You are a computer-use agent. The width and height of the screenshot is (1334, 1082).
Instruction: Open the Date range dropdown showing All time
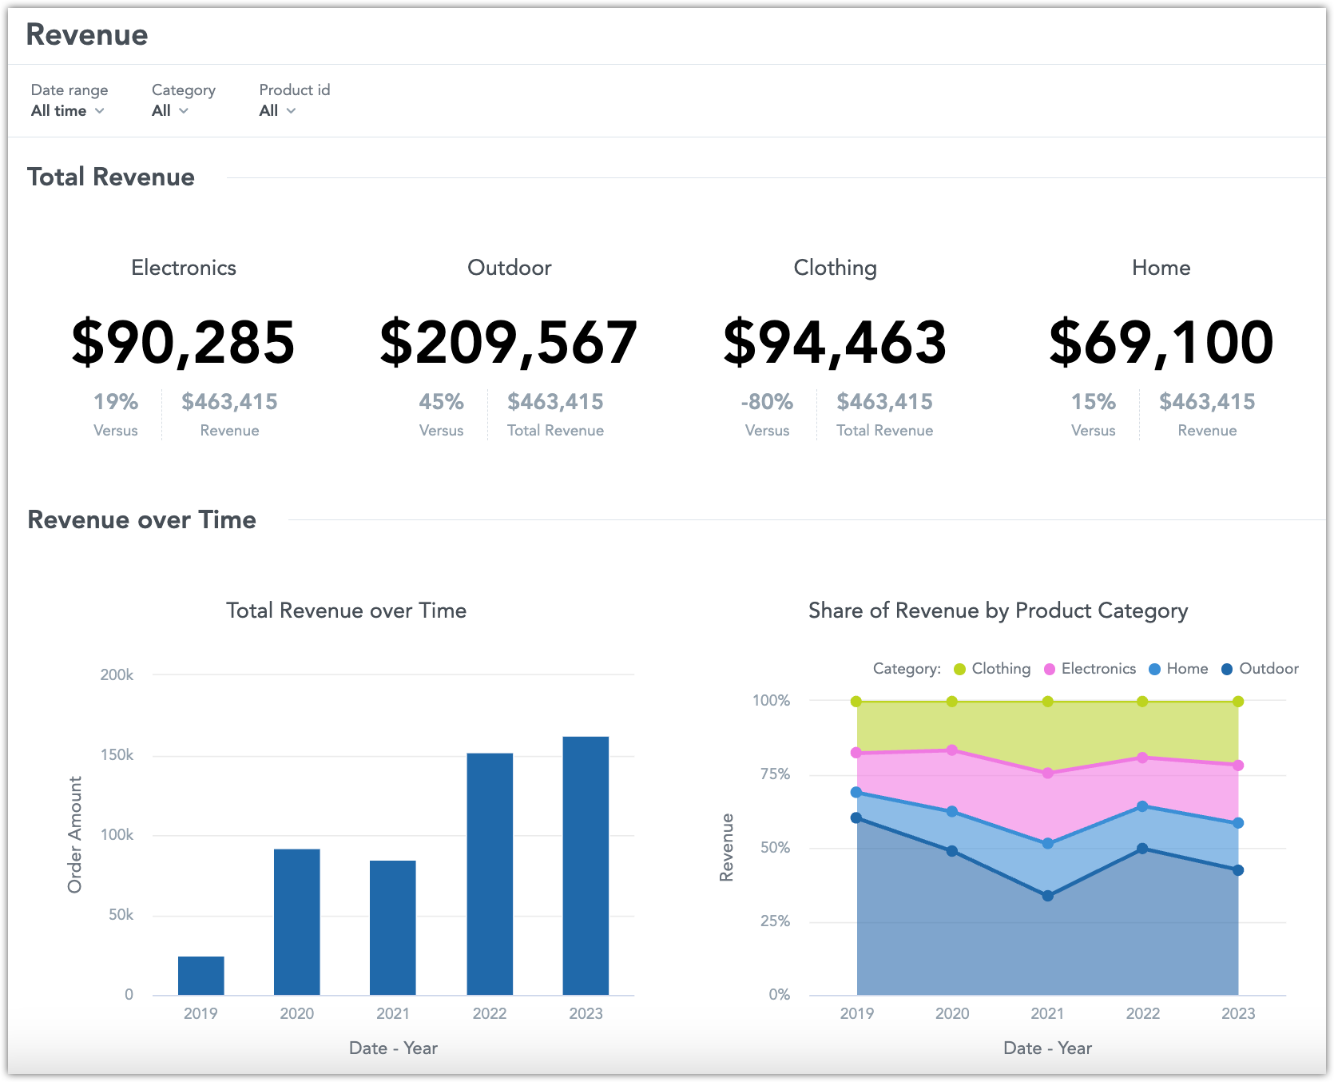coord(68,111)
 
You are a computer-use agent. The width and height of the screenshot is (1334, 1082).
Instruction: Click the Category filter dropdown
coord(170,111)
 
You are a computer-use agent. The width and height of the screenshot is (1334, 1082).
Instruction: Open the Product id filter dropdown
coord(277,111)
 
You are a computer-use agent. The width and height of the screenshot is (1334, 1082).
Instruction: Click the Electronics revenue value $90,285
coord(184,343)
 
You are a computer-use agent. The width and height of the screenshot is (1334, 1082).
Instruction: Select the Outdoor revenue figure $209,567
coord(509,343)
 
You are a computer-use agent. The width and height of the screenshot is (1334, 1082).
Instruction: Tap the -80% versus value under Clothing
coord(767,402)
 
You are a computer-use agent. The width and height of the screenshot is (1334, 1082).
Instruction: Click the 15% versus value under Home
coord(1093,402)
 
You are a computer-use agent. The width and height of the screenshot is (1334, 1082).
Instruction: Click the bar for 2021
coord(393,927)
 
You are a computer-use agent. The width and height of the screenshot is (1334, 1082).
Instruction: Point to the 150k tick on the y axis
coord(117,755)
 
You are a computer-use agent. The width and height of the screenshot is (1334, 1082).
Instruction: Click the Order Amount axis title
coord(75,834)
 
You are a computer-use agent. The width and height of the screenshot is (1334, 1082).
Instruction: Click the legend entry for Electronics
coord(1090,669)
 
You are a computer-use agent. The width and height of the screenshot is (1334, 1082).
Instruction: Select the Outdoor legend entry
coord(1261,669)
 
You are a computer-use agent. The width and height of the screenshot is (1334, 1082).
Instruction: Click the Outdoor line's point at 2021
coord(1047,896)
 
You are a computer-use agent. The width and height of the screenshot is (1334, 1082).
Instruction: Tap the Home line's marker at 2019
coord(856,793)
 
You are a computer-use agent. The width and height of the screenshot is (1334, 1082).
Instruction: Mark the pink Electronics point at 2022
coord(1142,758)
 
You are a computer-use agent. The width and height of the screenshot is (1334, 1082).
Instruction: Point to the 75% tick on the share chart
coord(775,774)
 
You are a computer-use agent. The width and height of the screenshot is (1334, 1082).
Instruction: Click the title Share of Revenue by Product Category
coord(998,611)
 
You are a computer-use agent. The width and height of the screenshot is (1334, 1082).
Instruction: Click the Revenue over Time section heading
coord(142,520)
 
